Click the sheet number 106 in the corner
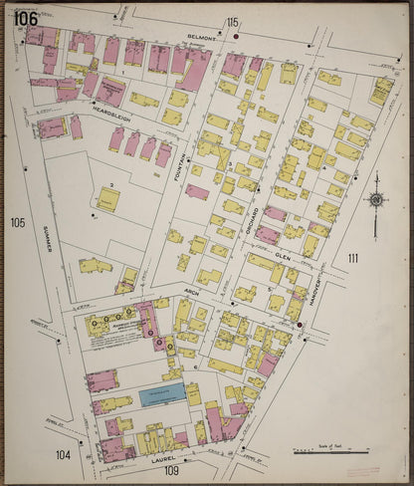(26, 19)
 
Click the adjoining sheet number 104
(63, 455)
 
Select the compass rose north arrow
(376, 200)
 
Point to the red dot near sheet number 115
(236, 36)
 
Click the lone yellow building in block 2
(108, 200)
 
